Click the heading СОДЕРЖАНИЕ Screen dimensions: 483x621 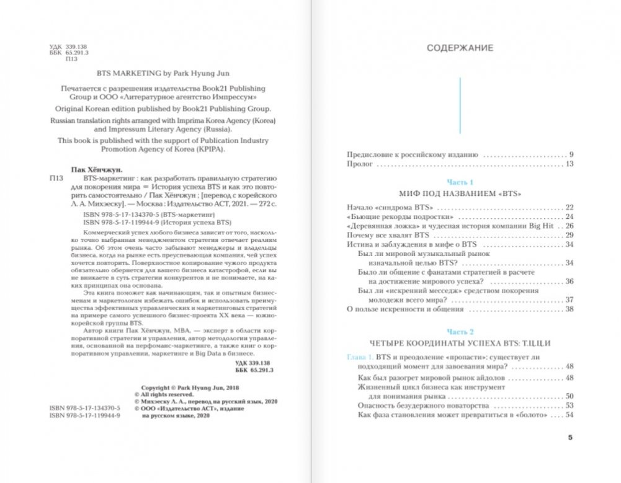point(460,48)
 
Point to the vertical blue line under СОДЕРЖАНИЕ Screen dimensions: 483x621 point(460,105)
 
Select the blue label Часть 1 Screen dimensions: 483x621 point(460,182)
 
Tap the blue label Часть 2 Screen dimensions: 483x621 point(460,332)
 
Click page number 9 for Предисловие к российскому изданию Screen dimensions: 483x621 point(571,153)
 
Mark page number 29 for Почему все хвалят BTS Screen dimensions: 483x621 point(570,236)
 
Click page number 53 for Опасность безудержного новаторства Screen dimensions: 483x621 point(570,405)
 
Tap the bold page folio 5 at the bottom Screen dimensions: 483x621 point(571,438)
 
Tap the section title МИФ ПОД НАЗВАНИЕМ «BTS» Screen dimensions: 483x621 point(460,193)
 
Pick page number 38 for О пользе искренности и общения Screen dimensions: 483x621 point(570,308)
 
